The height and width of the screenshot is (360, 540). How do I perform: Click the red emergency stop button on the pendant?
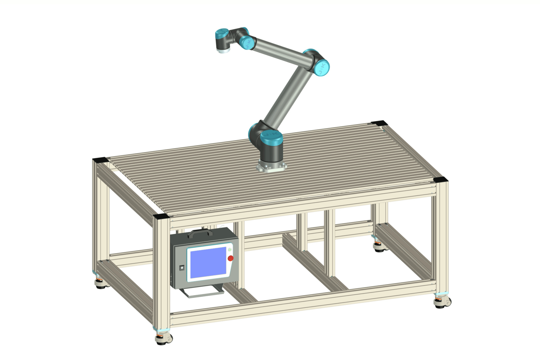coord(230,258)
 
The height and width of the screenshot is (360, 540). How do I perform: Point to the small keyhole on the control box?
coord(182,268)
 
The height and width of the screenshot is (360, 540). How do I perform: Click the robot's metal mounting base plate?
coord(271,167)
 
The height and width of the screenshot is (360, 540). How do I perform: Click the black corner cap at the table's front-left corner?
coord(161,216)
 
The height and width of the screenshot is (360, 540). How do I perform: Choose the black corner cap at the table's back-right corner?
coord(379,123)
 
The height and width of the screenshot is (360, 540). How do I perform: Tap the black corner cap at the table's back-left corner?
coord(100,160)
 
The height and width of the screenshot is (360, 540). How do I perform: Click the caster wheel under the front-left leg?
coord(164,339)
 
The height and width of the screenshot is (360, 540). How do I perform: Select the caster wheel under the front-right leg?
coord(443,302)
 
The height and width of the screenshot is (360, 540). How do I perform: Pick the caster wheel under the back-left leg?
coord(101,283)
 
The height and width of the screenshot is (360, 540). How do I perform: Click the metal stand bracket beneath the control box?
coord(203,292)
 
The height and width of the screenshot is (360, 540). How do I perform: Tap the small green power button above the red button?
coord(230,250)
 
